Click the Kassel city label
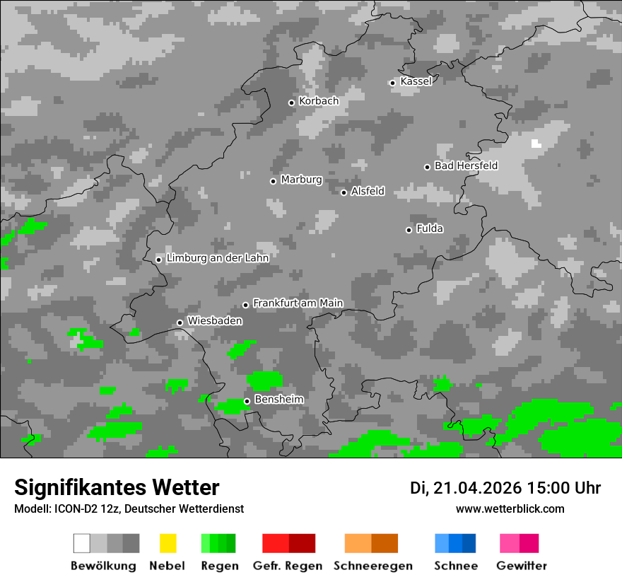[x=416, y=81]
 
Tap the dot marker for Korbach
[x=291, y=103]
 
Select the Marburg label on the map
[x=301, y=180]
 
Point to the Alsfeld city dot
[x=344, y=192]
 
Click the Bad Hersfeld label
[x=466, y=166]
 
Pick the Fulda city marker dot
[x=409, y=230]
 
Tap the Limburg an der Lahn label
[x=217, y=258]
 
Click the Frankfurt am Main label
[x=298, y=303]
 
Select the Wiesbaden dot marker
[x=180, y=322]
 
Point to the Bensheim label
[x=278, y=400]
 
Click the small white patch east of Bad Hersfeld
[x=536, y=144]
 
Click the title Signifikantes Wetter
[x=117, y=487]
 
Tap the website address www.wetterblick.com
[x=510, y=508]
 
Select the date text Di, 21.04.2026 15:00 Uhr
[x=505, y=488]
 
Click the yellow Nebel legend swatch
[x=168, y=543]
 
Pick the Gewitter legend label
[x=522, y=566]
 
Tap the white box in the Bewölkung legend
[x=81, y=543]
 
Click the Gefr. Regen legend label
[x=288, y=566]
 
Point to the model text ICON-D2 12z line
[x=129, y=508]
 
